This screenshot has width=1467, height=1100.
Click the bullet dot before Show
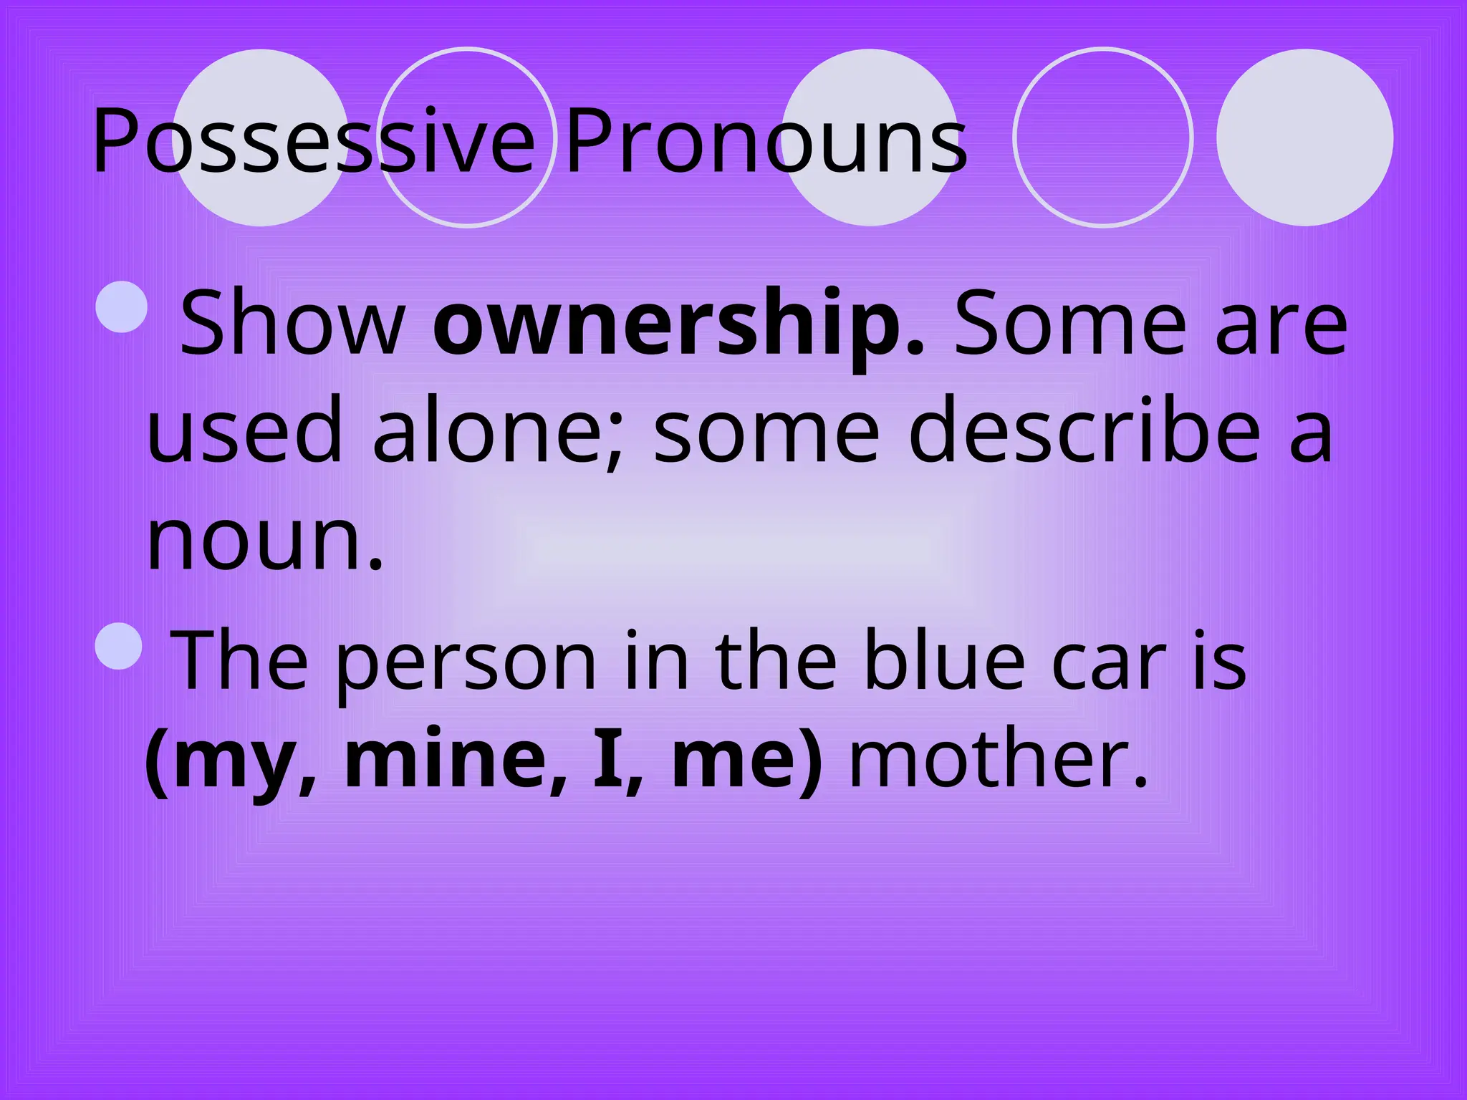click(121, 307)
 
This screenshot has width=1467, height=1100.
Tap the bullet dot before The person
click(119, 645)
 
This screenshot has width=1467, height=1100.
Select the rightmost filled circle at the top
click(1304, 137)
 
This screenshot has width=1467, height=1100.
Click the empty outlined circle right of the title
click(1102, 137)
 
